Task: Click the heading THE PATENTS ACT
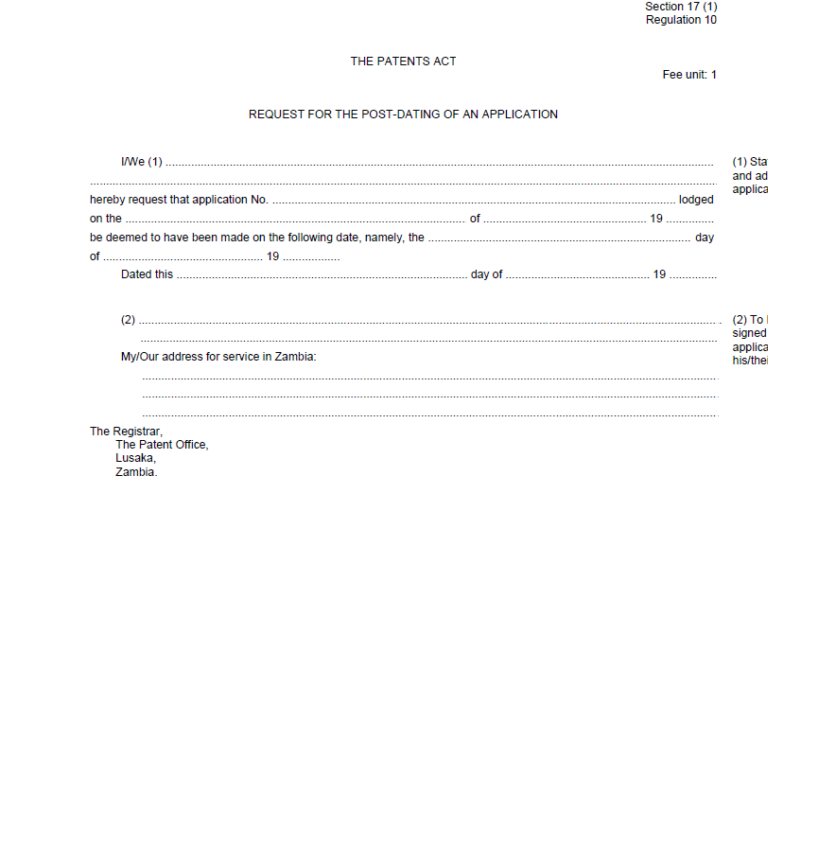point(403,62)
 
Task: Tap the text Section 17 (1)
point(681,7)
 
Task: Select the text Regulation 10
point(681,20)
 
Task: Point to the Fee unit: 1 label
point(689,75)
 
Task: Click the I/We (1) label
point(142,162)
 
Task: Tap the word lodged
point(696,200)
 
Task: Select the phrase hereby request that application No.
point(179,200)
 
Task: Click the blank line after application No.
point(473,201)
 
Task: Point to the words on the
point(106,219)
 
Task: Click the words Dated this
point(147,274)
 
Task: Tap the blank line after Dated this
point(322,275)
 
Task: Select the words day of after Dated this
point(487,274)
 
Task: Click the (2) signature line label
point(129,320)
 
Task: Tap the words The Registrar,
point(126,432)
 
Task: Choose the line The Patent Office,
point(162,445)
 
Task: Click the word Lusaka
point(136,459)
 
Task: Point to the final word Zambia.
point(136,472)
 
